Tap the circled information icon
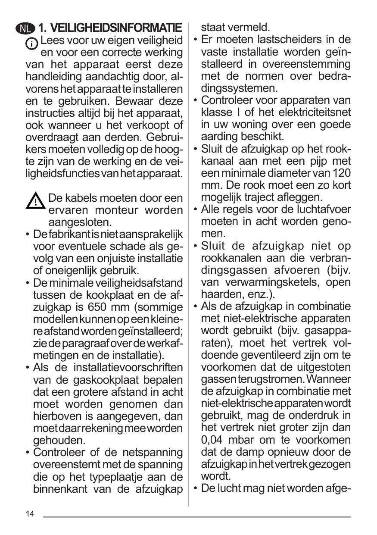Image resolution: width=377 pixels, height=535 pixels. [x=32, y=44]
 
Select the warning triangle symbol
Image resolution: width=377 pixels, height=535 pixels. [x=36, y=201]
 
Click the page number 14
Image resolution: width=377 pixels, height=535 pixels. [x=30, y=514]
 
